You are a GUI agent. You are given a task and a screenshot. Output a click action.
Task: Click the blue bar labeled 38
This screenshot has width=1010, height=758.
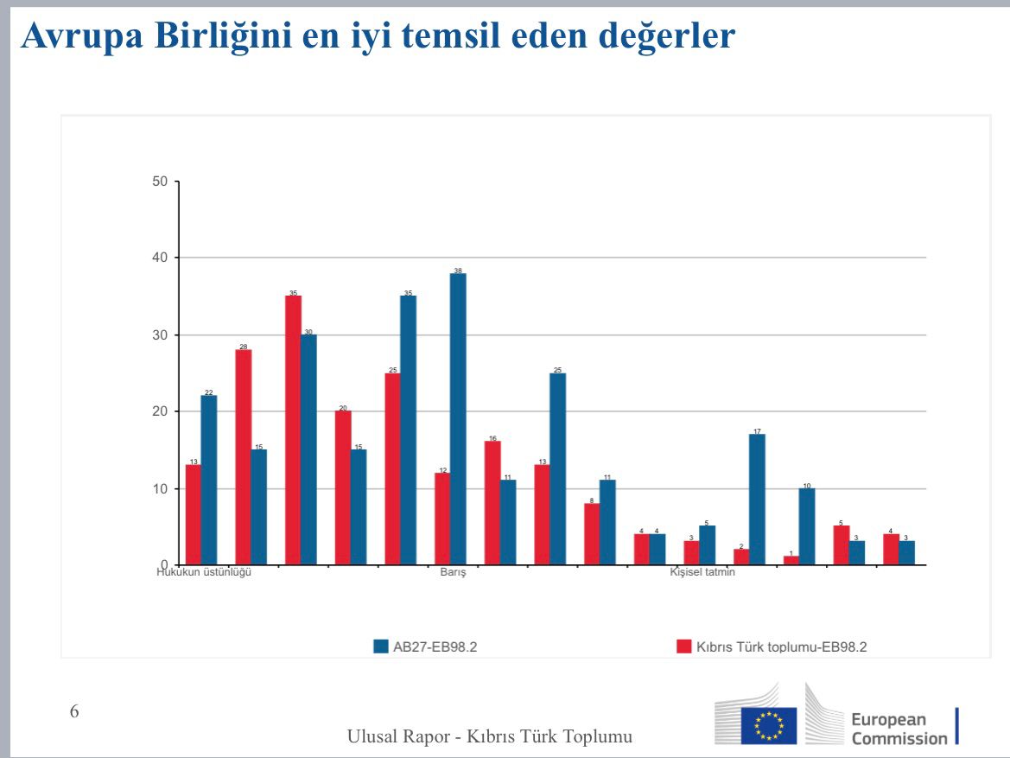(x=458, y=419)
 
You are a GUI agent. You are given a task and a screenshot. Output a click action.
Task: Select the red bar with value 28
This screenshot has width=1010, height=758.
(x=243, y=457)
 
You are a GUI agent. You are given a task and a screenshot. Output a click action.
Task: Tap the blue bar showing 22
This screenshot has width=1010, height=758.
(x=209, y=481)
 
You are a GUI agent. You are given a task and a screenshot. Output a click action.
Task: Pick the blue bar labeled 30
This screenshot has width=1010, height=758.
(x=308, y=449)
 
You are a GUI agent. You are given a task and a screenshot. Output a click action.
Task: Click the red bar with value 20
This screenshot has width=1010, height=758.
(x=343, y=488)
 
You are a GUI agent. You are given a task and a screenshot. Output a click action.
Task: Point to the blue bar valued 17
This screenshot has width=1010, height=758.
(x=757, y=500)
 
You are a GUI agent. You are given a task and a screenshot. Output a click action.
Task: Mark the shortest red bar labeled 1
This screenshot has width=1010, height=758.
(x=791, y=560)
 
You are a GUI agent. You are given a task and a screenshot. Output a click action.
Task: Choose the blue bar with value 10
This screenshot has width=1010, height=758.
(x=807, y=526)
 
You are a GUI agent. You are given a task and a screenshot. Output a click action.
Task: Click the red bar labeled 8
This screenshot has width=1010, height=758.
(x=592, y=534)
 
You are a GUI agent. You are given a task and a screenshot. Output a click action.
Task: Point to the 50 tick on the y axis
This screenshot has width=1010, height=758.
(x=159, y=182)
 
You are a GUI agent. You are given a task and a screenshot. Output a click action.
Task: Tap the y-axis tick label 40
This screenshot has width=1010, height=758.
(x=159, y=258)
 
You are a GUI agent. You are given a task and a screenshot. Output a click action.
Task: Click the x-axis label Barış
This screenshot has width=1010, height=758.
(x=453, y=573)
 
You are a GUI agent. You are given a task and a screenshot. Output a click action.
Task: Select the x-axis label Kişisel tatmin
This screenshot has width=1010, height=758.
(x=702, y=573)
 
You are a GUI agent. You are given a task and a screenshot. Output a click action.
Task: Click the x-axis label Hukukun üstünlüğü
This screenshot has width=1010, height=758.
(x=204, y=573)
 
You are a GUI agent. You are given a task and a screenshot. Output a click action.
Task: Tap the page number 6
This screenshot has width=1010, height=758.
(x=74, y=712)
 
